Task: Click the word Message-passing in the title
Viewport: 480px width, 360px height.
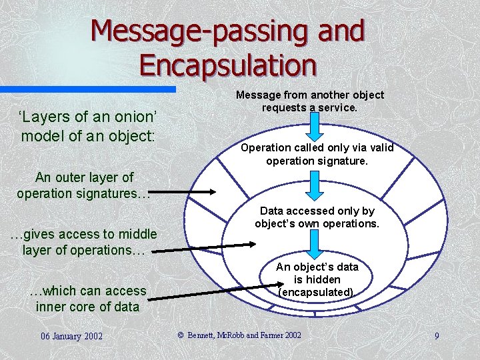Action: coord(173,31)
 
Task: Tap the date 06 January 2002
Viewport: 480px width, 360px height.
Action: coord(71,335)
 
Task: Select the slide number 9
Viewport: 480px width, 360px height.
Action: coord(437,335)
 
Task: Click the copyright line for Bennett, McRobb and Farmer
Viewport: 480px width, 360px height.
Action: coord(239,335)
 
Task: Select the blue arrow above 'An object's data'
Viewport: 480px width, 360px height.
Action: coord(315,245)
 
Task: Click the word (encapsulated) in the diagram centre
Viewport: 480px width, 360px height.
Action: coord(317,292)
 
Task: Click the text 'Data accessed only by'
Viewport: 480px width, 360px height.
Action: coord(317,211)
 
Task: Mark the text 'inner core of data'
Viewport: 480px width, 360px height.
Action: coord(87,307)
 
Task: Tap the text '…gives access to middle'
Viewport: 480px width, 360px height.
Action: coord(84,234)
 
